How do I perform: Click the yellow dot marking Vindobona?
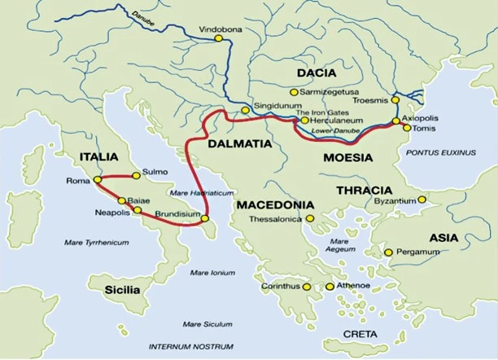pyautogui.click(x=218, y=37)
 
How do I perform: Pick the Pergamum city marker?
pyautogui.click(x=389, y=252)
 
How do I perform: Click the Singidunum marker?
pyautogui.click(x=244, y=110)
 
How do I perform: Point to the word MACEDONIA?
pyautogui.click(x=276, y=204)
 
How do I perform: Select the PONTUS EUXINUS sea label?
pyautogui.click(x=439, y=152)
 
